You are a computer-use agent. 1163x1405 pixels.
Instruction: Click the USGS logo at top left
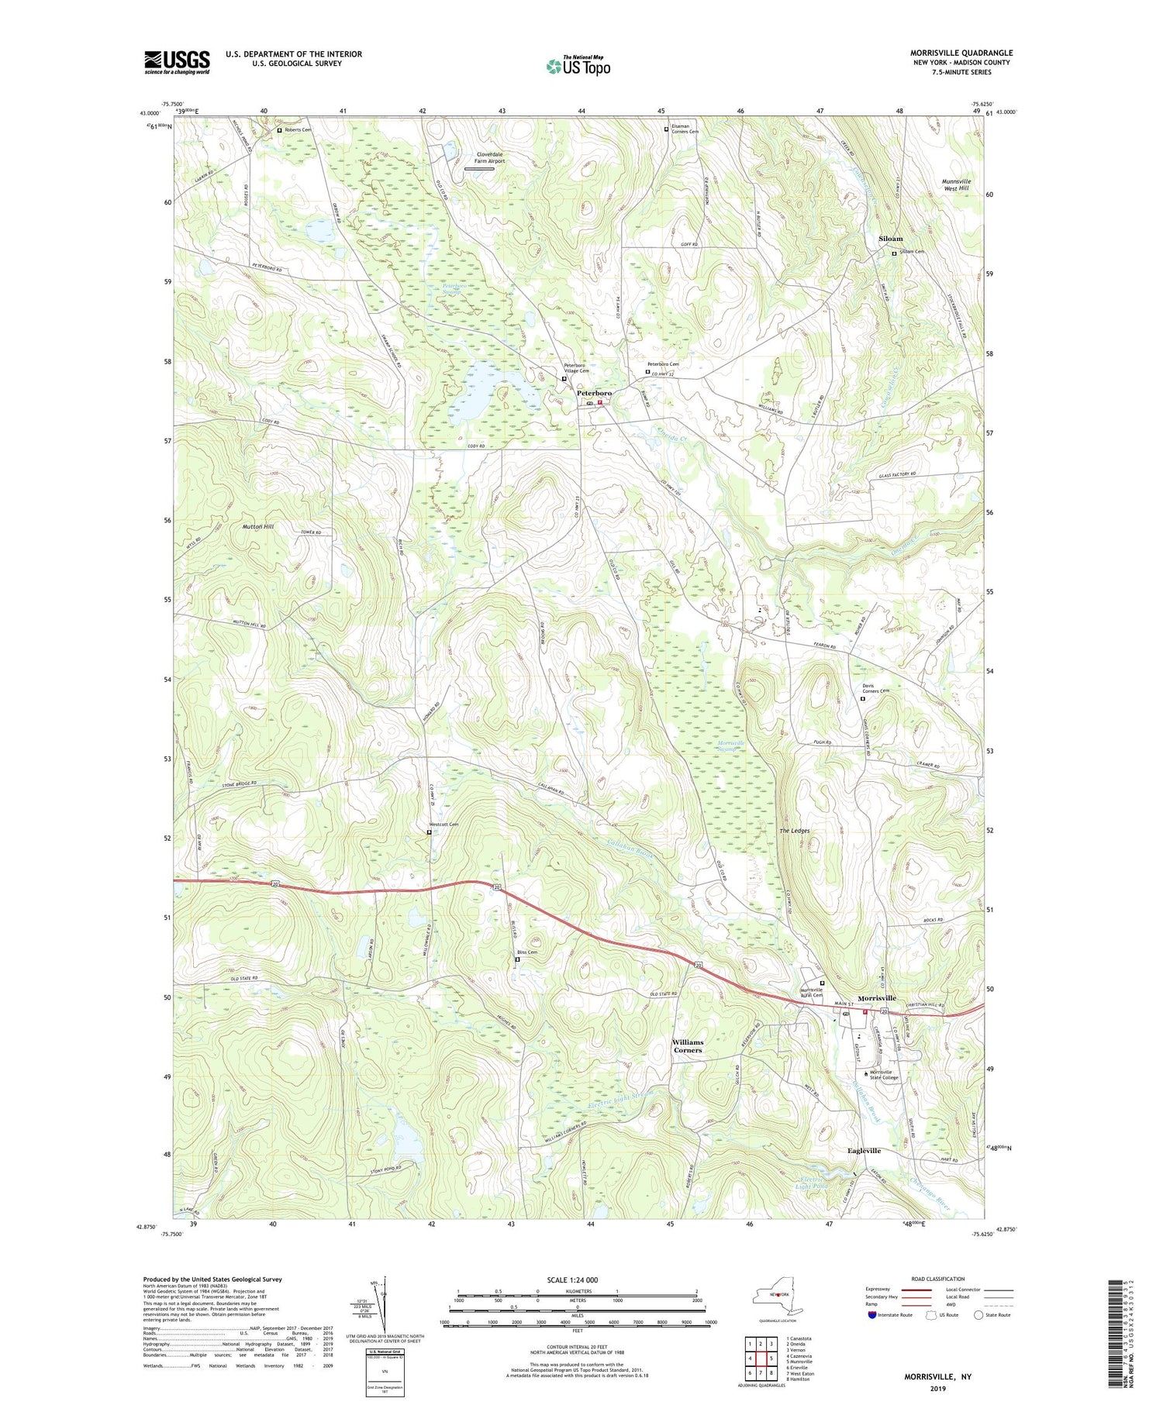[177, 62]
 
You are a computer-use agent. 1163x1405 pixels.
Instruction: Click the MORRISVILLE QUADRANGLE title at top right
[961, 53]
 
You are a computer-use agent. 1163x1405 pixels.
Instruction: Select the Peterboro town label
[594, 394]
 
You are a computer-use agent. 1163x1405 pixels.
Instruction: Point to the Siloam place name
[890, 239]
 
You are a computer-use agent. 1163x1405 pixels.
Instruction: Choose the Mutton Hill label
[258, 526]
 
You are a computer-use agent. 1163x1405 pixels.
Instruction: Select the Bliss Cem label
[527, 952]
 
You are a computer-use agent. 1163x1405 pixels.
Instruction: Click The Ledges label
[794, 831]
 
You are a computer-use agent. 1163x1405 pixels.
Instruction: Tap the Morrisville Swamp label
[731, 746]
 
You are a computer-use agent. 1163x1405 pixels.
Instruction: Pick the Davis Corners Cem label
[875, 688]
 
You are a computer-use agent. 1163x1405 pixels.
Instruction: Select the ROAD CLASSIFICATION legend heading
[938, 1279]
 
